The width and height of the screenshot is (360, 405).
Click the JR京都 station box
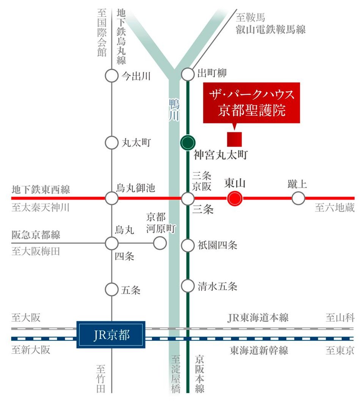pyautogui.click(x=111, y=335)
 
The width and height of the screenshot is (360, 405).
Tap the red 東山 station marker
pyautogui.click(x=234, y=198)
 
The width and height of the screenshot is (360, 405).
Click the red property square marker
pyautogui.click(x=234, y=139)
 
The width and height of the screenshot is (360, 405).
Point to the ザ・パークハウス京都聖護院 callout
pyautogui.click(x=251, y=103)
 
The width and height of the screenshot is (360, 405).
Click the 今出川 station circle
pyautogui.click(x=112, y=76)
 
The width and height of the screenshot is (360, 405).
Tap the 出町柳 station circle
pyautogui.click(x=188, y=74)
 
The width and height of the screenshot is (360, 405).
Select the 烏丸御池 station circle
pyautogui.click(x=112, y=198)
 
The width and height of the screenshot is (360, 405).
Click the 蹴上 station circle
pyautogui.click(x=298, y=198)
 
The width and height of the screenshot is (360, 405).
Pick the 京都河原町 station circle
pyautogui.click(x=160, y=243)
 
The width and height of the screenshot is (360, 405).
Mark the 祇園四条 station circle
pyautogui.click(x=188, y=245)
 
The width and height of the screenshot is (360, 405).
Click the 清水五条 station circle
pyautogui.click(x=188, y=286)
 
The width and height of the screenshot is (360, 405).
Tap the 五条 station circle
pyautogui.click(x=112, y=290)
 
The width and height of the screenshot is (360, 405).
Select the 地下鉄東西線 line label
pyautogui.click(x=41, y=189)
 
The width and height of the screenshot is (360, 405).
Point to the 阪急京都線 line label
pyautogui.click(x=36, y=234)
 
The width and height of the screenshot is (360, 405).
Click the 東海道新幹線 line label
pyautogui.click(x=259, y=350)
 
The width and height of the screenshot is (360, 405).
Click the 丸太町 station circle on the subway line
pyautogui.click(x=112, y=143)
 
